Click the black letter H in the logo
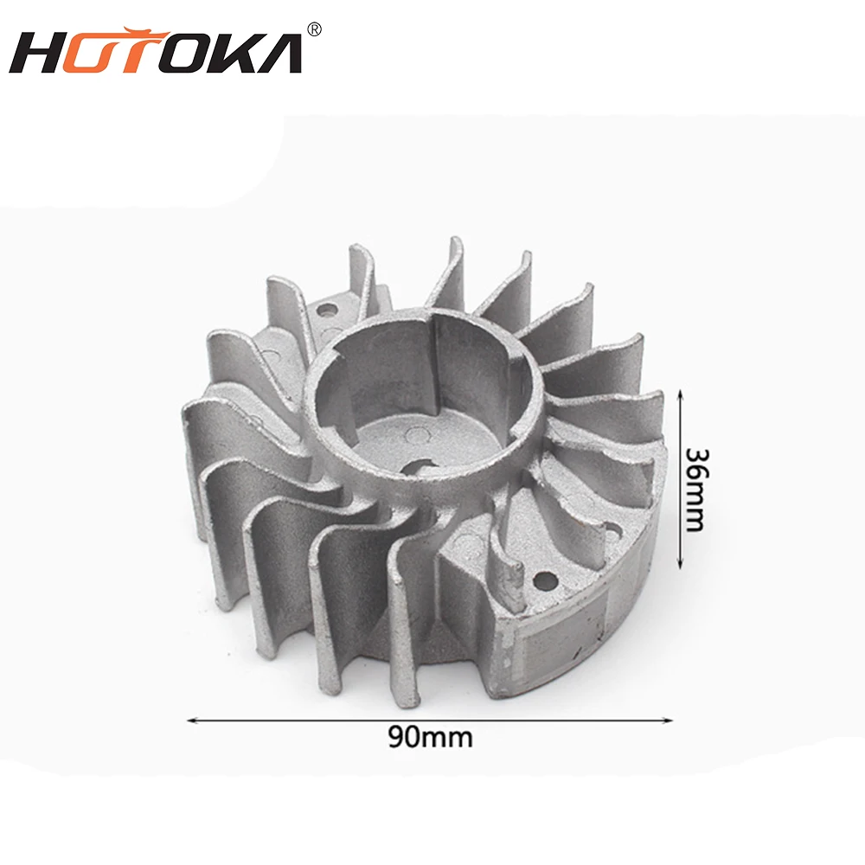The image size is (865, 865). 41,54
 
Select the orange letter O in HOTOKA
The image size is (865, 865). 97,54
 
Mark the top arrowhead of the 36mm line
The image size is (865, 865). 681,393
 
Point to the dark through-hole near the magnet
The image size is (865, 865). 546,576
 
